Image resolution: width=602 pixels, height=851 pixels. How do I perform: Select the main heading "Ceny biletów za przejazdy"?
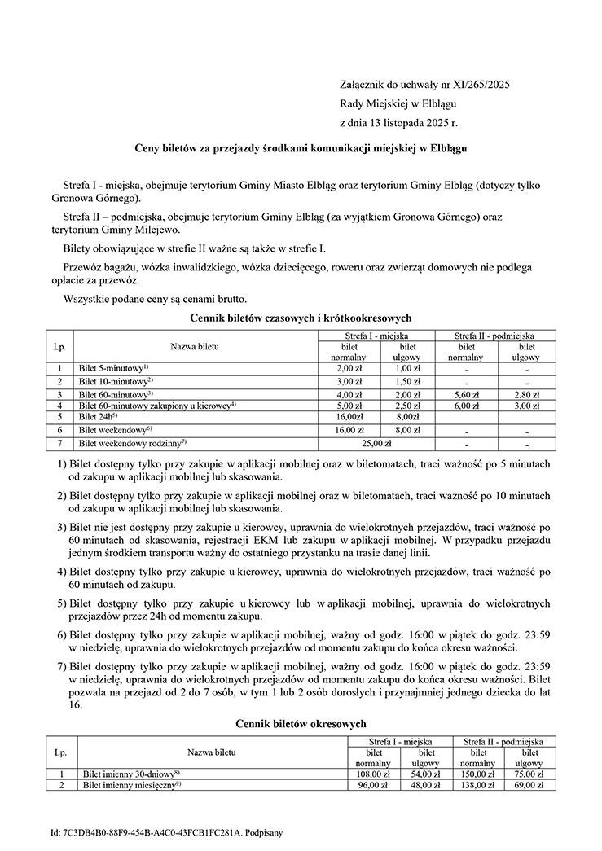pyautogui.click(x=301, y=149)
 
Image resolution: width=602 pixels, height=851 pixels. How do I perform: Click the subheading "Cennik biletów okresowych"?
pyautogui.click(x=301, y=723)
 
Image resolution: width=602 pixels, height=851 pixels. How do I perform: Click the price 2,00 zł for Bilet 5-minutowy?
pyautogui.click(x=349, y=368)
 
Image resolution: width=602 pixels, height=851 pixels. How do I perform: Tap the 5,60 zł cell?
pyautogui.click(x=466, y=394)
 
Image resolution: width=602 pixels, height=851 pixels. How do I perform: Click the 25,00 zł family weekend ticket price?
pyautogui.click(x=377, y=444)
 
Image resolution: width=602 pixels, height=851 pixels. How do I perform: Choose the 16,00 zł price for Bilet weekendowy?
pyautogui.click(x=349, y=430)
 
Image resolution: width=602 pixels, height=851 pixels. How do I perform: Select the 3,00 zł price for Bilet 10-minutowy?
pyautogui.click(x=349, y=381)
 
